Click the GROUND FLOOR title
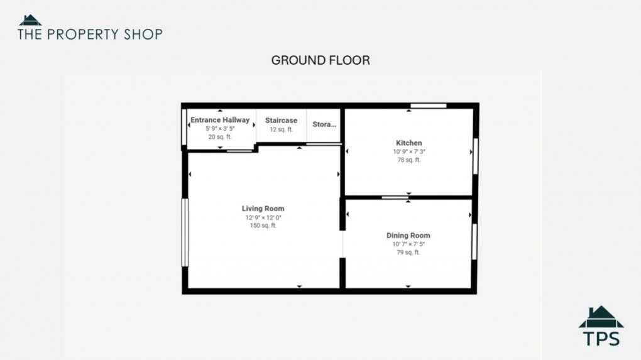[320, 60]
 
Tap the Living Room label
[263, 209]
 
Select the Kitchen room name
[408, 143]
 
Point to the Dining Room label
[408, 236]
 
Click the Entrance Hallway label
[220, 120]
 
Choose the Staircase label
[281, 121]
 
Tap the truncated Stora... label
[324, 124]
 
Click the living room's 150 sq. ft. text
[263, 226]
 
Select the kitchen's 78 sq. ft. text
[408, 160]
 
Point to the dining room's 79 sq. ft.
[408, 253]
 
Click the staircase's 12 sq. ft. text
[281, 129]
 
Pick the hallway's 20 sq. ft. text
[220, 137]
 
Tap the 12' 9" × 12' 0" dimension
[263, 217]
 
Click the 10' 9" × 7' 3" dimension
[408, 151]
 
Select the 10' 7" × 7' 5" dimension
[408, 244]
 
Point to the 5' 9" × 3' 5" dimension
[220, 129]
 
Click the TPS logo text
[601, 339]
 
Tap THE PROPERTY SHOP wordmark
[90, 34]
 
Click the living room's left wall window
[185, 232]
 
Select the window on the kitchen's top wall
[429, 106]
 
